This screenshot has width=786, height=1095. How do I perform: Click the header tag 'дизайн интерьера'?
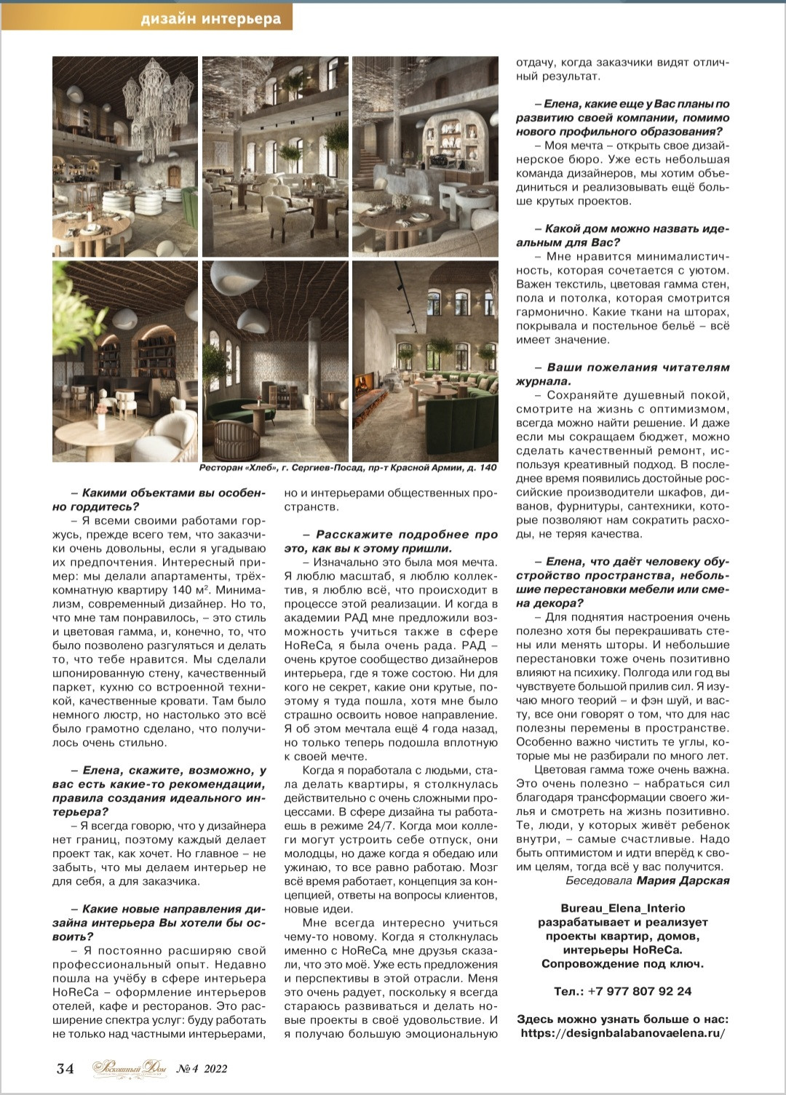coord(211,19)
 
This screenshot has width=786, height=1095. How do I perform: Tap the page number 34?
coord(65,1068)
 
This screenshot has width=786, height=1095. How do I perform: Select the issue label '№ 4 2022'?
coord(202,1068)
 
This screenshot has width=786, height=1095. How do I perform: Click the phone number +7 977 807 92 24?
coord(622,991)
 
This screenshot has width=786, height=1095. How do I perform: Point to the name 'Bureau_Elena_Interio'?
coord(622,908)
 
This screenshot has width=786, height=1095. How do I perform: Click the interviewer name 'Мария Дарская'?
coord(683,880)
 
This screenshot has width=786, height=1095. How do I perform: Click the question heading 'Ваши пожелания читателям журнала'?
coord(622,374)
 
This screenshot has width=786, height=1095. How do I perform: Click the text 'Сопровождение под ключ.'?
coord(622,963)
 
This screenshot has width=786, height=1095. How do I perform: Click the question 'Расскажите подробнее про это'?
coord(391,541)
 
